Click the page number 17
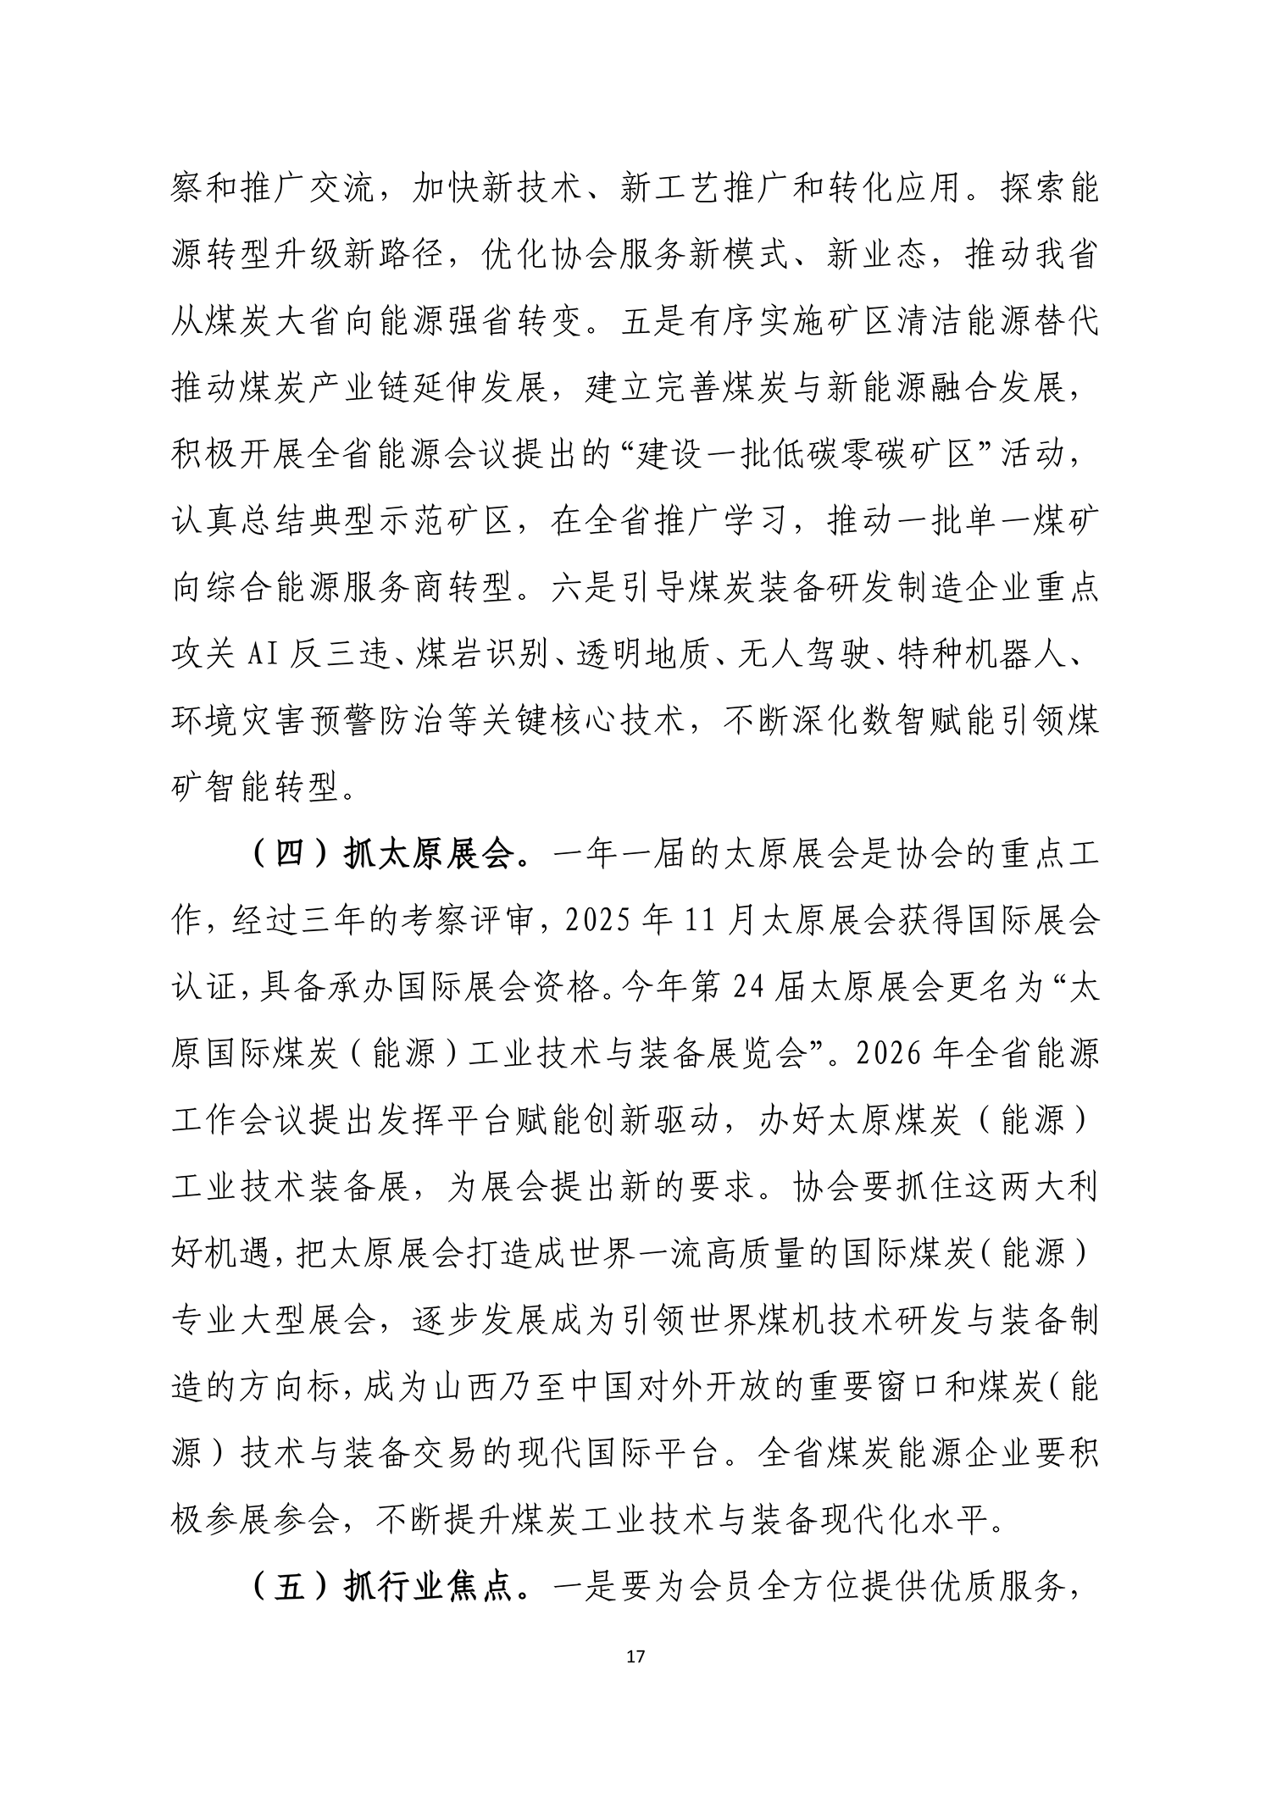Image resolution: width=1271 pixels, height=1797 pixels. click(x=635, y=1656)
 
